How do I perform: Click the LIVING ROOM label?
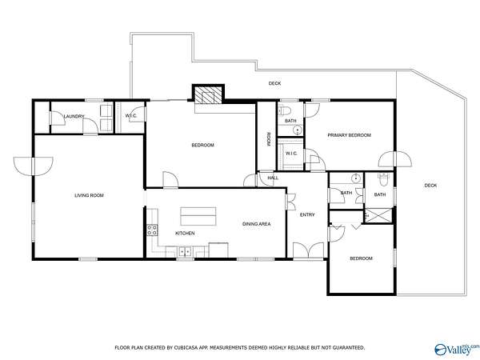[89, 195]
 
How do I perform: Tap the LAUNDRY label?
[74, 116]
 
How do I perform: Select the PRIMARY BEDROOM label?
[350, 135]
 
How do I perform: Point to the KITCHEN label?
[185, 234]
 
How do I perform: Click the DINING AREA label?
[257, 224]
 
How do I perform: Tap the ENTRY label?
[307, 215]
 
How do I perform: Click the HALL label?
[273, 178]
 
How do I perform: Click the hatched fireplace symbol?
[208, 94]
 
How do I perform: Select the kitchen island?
[198, 216]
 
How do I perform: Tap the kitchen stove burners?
[153, 230]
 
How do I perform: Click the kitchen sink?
[185, 252]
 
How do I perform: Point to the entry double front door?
[309, 250]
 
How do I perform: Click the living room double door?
[34, 166]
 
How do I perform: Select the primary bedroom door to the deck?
[395, 159]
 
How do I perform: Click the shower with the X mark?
[379, 215]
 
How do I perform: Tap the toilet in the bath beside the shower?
[383, 178]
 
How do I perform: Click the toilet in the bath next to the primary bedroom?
[284, 110]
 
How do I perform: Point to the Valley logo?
[457, 350]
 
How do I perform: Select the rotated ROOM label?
[269, 138]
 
